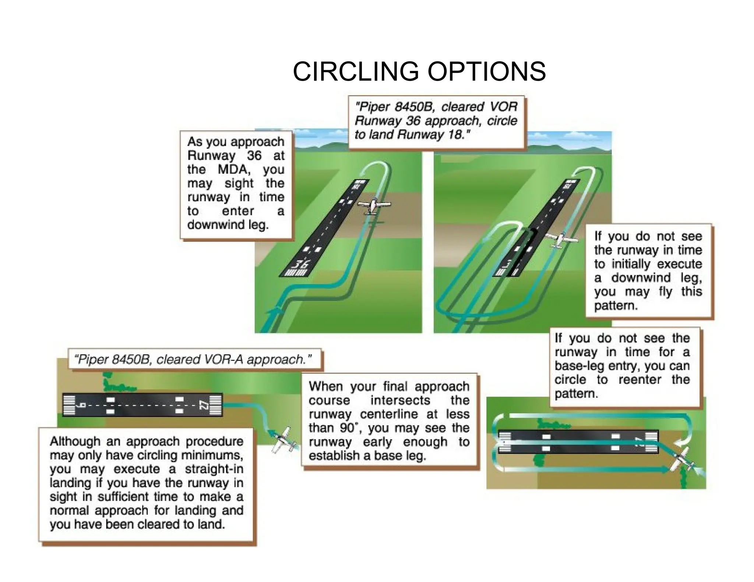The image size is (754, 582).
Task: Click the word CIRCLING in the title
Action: coord(355,71)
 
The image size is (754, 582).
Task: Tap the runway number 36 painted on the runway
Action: coord(300,264)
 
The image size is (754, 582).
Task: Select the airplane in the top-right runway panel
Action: coord(560,240)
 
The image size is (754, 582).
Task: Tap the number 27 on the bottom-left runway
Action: coord(203,405)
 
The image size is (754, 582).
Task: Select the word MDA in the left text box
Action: coord(233,170)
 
